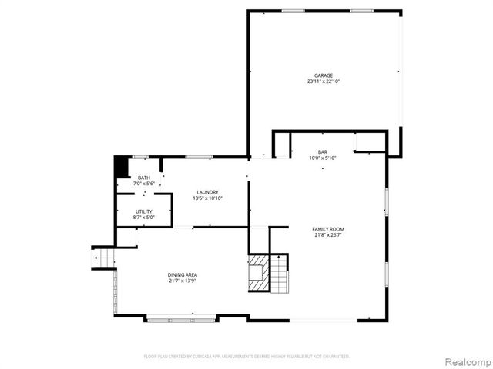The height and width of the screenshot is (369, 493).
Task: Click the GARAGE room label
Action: [323, 75]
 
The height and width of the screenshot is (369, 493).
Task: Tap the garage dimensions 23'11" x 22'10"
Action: [323, 81]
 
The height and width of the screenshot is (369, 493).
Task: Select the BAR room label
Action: [323, 152]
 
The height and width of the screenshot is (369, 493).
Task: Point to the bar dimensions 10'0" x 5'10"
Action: [323, 159]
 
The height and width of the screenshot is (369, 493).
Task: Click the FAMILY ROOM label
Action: [327, 229]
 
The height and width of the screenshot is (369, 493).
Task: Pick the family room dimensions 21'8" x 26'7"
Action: [327, 236]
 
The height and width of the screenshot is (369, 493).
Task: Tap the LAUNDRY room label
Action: [207, 192]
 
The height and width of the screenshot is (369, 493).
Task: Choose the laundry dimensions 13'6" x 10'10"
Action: [207, 199]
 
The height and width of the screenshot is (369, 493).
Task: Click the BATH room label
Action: [144, 178]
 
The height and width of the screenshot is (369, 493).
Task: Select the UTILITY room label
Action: [144, 211]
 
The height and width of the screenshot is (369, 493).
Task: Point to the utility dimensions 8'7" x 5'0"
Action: [144, 218]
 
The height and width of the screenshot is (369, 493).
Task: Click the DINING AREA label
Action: [183, 274]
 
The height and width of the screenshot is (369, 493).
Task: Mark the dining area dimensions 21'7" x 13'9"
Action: [183, 281]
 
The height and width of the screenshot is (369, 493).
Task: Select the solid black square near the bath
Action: [120, 167]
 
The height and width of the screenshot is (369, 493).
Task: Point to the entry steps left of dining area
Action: [103, 258]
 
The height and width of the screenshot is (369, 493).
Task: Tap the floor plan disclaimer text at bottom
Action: [246, 357]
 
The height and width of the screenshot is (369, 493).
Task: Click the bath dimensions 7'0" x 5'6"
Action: [144, 184]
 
